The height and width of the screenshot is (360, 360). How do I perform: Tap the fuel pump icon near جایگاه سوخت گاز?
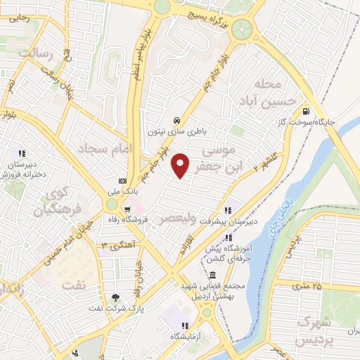[x=305, y=110]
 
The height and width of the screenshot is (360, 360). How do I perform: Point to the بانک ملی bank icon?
[x=123, y=181]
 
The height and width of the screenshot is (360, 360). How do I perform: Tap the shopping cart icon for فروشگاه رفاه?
[x=127, y=209]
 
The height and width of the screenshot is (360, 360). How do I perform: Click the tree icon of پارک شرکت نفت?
[x=115, y=297]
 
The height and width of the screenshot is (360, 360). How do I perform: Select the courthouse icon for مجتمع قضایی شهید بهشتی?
[x=213, y=275]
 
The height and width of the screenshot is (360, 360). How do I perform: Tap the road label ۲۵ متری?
[x=307, y=285]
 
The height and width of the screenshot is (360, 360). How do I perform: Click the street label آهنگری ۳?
[x=116, y=245]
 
